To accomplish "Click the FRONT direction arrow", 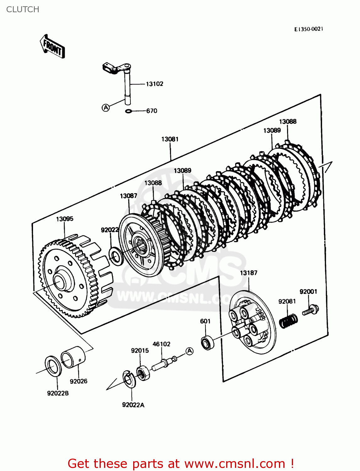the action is [x=52, y=46].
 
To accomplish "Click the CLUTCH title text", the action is [x=23, y=9].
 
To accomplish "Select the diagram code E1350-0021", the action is [x=308, y=29].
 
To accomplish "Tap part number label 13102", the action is [x=154, y=84].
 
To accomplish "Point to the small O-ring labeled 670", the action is [x=128, y=111].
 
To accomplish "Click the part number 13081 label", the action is [x=170, y=139].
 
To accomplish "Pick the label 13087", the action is [x=128, y=196].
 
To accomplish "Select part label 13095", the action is [x=65, y=219].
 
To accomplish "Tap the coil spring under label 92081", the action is [x=288, y=321].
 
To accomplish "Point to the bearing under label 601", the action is [x=207, y=342].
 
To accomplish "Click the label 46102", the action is [x=161, y=344].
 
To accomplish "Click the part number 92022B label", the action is [x=58, y=393].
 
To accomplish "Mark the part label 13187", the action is [x=248, y=273].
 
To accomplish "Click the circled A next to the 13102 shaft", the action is [x=106, y=107].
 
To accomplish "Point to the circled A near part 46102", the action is [x=189, y=351].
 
